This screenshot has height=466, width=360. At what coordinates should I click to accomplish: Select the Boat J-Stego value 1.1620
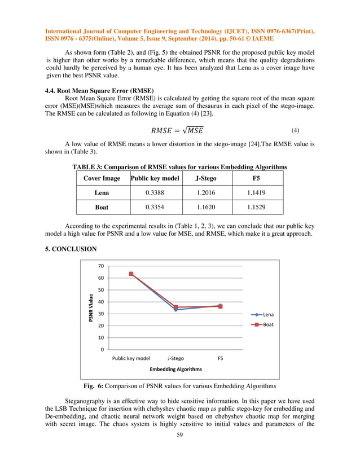coord(205,208)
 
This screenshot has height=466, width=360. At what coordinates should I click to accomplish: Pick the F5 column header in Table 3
coord(256,178)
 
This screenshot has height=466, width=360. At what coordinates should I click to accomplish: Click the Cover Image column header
coord(102,178)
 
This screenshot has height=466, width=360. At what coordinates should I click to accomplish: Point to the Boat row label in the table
coord(102,208)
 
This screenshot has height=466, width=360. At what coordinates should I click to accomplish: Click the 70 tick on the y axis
coord(100,266)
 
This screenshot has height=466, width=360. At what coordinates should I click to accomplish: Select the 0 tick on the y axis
coord(102,350)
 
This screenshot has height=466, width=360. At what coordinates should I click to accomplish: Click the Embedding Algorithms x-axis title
coord(175,369)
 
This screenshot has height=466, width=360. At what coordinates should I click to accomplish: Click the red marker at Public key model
coord(131,274)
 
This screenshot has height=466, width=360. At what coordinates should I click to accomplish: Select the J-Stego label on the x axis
coord(175,358)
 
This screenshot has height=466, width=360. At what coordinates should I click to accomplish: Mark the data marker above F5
coord(220,306)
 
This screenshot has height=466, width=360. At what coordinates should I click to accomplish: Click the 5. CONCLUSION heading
coord(71,249)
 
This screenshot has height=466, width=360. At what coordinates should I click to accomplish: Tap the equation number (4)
coord(295,130)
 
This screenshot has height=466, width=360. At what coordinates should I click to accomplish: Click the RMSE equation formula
coord(177,130)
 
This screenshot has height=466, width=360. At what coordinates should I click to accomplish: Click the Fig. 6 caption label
coord(95,386)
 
